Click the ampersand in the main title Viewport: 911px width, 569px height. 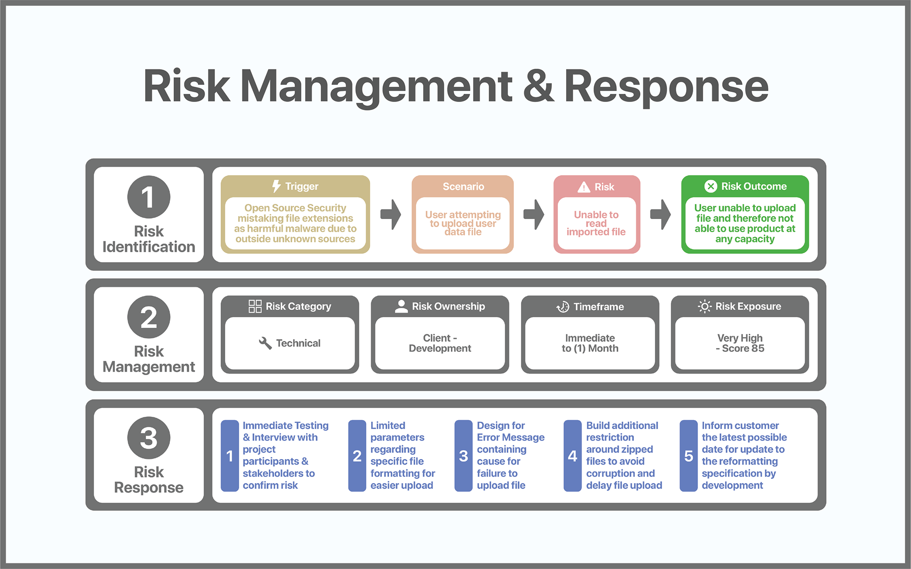(538, 86)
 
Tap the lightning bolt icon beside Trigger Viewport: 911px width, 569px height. (276, 186)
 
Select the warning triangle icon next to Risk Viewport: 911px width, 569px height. (584, 187)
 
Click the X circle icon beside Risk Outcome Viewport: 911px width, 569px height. (710, 186)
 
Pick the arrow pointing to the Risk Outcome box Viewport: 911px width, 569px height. (660, 214)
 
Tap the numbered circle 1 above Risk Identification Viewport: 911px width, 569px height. (149, 197)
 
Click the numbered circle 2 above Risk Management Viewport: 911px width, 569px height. (149, 317)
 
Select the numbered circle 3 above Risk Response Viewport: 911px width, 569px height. (149, 437)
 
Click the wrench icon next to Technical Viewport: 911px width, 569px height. (265, 343)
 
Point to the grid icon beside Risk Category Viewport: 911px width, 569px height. (255, 306)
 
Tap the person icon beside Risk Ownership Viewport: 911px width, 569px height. (401, 306)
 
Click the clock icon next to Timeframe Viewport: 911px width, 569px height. (563, 307)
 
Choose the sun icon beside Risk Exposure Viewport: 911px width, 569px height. (705, 306)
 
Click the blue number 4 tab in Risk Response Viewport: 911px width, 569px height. (572, 456)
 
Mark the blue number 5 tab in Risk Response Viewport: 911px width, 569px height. (688, 456)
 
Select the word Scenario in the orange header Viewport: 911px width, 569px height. (463, 186)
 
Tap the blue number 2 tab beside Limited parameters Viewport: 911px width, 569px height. (357, 456)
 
